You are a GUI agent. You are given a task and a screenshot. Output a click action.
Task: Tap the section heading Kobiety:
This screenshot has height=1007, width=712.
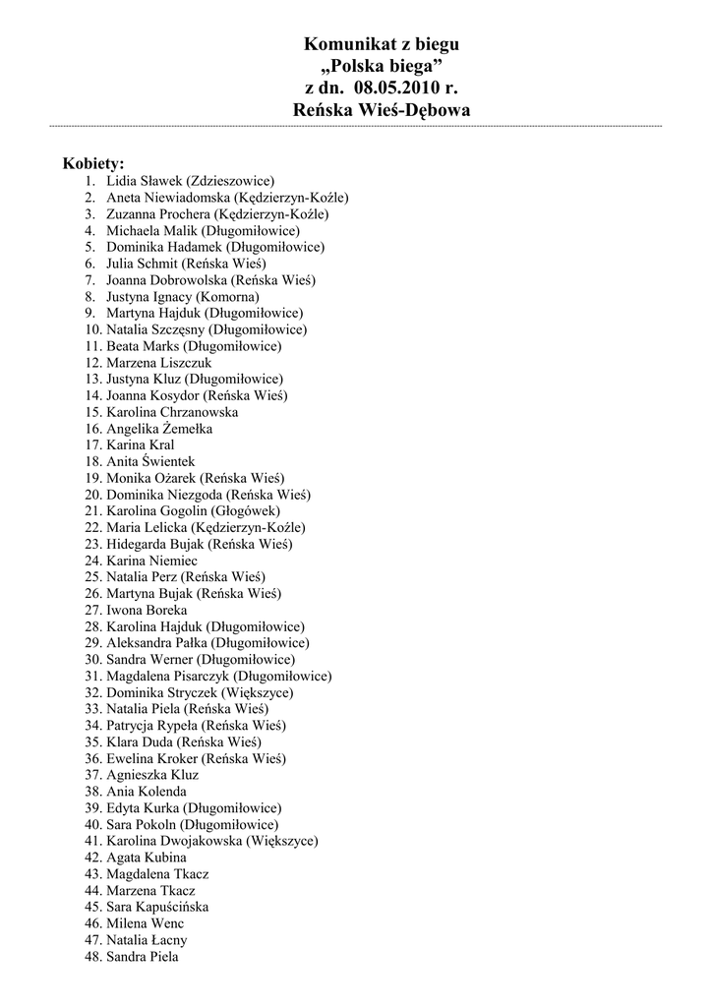click(93, 163)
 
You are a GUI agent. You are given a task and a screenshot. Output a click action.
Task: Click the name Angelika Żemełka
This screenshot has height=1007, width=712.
click(159, 429)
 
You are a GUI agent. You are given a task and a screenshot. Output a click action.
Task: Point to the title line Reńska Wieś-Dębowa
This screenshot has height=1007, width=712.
click(382, 111)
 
